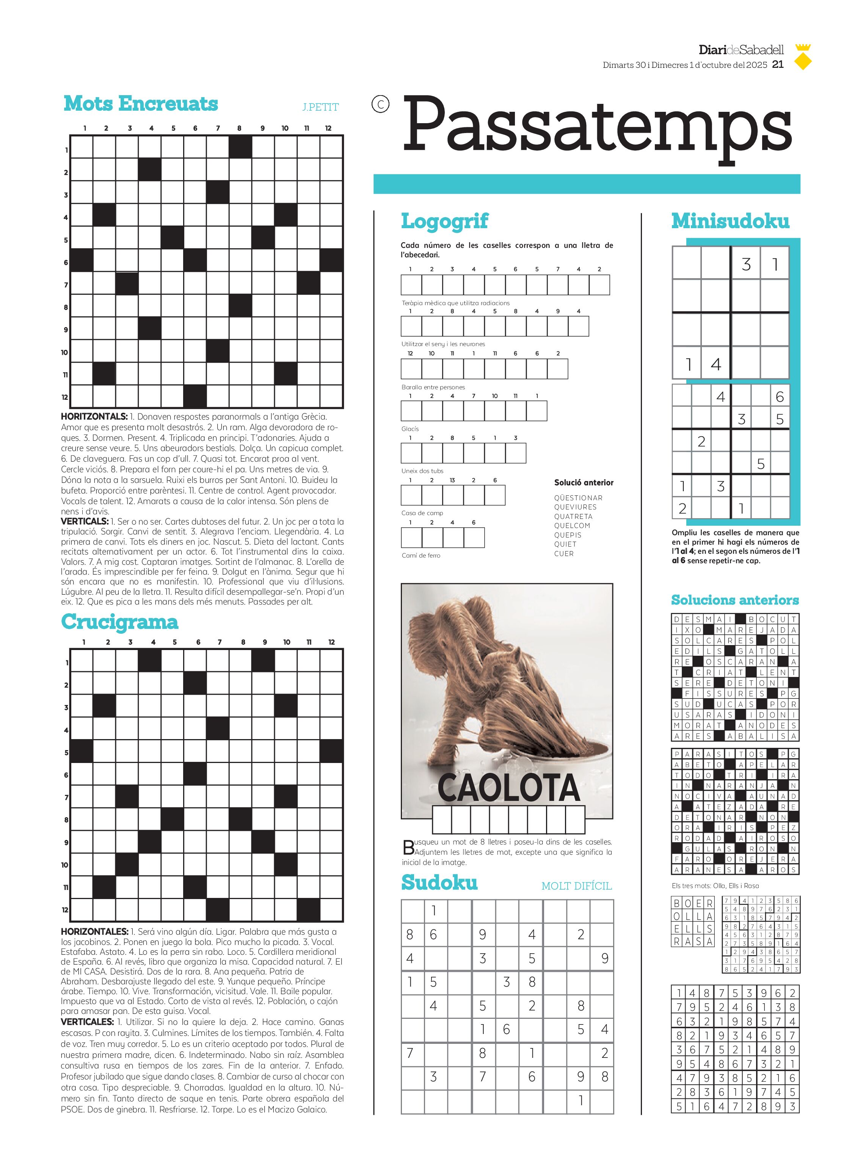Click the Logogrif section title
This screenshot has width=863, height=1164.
[444, 221]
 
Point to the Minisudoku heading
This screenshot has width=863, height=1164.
[730, 221]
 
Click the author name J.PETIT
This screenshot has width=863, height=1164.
[320, 107]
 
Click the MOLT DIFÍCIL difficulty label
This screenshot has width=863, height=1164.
[576, 886]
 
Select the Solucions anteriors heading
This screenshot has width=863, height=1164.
[735, 600]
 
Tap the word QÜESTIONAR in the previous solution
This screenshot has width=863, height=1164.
[578, 498]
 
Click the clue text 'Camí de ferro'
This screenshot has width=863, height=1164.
[421, 556]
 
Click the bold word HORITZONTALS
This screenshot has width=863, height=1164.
[94, 417]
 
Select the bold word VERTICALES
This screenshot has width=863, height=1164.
[87, 1022]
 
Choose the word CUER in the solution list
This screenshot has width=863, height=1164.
[564, 553]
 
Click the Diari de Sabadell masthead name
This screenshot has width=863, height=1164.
[741, 50]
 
